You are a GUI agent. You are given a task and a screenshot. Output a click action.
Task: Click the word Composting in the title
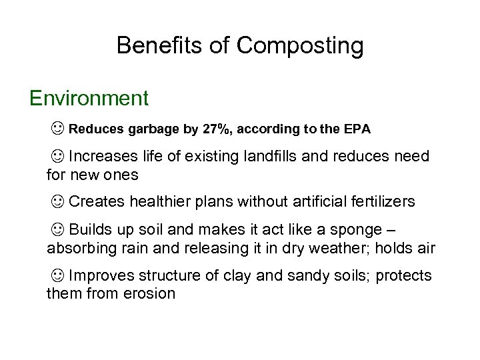point(300,45)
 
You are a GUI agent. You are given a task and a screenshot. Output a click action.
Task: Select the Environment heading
point(89,99)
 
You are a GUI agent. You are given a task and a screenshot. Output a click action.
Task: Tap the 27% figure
point(216,129)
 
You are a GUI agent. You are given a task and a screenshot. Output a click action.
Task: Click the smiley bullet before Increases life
point(58,157)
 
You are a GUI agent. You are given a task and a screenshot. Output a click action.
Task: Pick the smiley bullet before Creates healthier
point(58,201)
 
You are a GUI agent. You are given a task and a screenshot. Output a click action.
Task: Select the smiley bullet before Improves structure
point(58,275)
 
